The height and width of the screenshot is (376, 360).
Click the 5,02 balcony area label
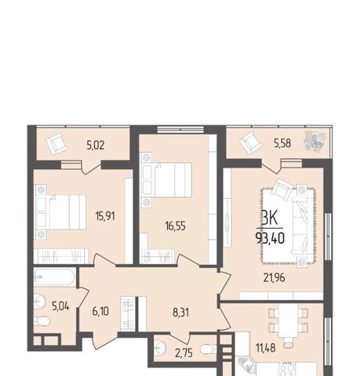[x=96, y=146]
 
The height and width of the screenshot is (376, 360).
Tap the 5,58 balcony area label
[x=282, y=143]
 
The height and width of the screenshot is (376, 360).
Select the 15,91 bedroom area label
[x=105, y=216]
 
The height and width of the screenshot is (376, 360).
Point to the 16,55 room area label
[x=176, y=226]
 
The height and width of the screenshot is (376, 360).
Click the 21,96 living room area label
[x=275, y=278]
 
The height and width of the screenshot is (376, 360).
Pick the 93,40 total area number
[x=270, y=238]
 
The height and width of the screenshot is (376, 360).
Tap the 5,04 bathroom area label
[x=60, y=306]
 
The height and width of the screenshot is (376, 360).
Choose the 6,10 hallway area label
[x=100, y=311]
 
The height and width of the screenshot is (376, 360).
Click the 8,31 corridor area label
[x=180, y=313]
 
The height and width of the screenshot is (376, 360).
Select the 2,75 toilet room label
[x=184, y=353]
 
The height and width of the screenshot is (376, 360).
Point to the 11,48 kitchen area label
[x=266, y=348]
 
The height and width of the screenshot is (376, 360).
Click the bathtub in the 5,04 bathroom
[x=54, y=277]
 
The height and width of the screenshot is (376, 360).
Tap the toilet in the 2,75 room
[x=209, y=349]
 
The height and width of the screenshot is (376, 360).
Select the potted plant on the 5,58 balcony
[x=315, y=142]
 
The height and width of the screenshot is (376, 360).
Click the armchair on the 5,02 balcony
[x=56, y=144]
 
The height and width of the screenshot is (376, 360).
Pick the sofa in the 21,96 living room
[x=303, y=226]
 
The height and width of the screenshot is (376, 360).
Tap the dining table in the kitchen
[x=289, y=320]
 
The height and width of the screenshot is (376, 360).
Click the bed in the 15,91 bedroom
[x=62, y=212]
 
